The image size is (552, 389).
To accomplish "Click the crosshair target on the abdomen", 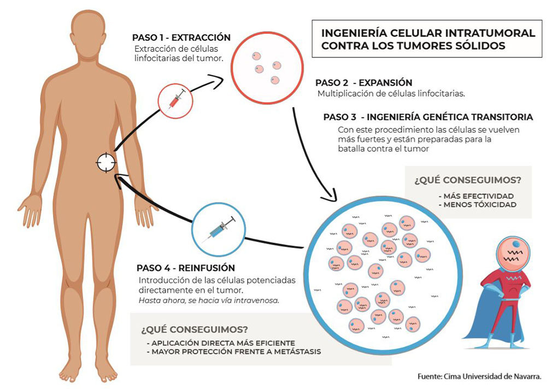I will point(107,162).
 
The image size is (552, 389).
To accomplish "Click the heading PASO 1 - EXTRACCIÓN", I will point(181,38).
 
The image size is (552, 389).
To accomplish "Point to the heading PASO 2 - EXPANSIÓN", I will point(363,83).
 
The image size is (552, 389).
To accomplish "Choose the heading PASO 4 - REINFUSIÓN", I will point(186,268).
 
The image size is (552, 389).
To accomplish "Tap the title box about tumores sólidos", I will point(427,39).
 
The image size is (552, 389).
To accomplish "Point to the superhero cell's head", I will point(512,252).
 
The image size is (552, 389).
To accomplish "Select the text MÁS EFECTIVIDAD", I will point(475,196).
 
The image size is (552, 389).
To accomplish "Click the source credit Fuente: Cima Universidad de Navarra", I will point(479,376).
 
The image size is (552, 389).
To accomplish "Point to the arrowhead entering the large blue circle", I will point(332,195).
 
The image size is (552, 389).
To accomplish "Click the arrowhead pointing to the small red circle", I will point(222,80).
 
